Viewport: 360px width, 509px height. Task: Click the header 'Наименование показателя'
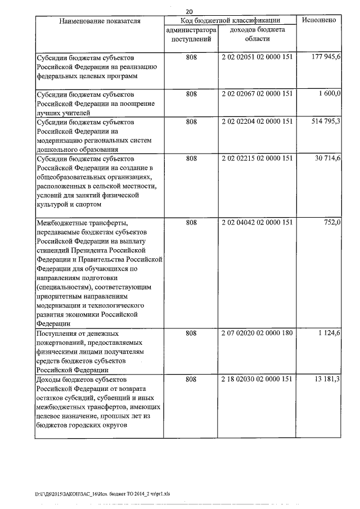coord(100,20)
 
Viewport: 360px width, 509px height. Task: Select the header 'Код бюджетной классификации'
coord(231,20)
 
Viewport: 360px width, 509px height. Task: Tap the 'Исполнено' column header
coord(319,20)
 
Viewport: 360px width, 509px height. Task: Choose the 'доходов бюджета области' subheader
coord(257,34)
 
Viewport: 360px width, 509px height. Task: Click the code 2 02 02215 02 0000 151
coord(257,159)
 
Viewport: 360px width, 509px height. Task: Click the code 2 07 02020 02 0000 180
coord(257,334)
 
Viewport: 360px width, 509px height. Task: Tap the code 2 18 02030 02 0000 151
coord(257,380)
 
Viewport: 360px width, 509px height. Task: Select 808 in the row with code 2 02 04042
coord(191,223)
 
